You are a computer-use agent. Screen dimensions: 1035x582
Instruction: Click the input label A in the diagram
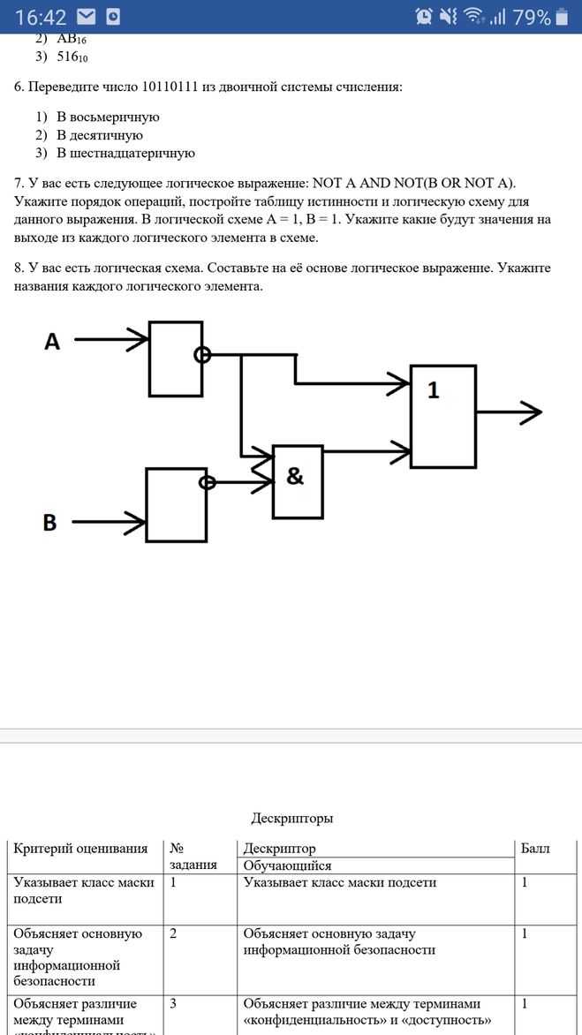(52, 342)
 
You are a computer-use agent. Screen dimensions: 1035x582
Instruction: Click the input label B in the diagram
(50, 523)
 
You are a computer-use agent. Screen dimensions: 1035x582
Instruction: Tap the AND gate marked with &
(298, 480)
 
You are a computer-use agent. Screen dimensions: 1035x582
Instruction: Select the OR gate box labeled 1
(442, 416)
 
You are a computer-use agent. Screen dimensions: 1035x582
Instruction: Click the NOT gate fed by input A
(175, 359)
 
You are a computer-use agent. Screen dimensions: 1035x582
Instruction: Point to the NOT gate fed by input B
(176, 503)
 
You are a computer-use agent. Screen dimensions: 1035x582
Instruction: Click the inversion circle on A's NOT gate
(202, 355)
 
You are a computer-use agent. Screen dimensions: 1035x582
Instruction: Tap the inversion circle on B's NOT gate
(208, 483)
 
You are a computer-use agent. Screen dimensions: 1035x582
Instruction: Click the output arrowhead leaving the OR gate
(532, 412)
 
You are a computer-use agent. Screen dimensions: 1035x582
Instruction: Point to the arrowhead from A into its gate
(138, 338)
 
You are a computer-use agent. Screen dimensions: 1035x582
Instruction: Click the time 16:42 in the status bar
(41, 17)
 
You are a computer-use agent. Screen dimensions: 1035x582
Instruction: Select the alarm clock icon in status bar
(424, 17)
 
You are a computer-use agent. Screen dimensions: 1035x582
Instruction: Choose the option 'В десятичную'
(100, 135)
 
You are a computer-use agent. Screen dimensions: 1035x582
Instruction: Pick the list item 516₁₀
(72, 57)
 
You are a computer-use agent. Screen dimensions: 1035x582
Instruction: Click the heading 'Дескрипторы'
(291, 819)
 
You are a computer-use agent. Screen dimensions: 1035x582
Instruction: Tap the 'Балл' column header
(535, 849)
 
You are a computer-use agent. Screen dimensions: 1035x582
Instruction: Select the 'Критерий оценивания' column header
(80, 849)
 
